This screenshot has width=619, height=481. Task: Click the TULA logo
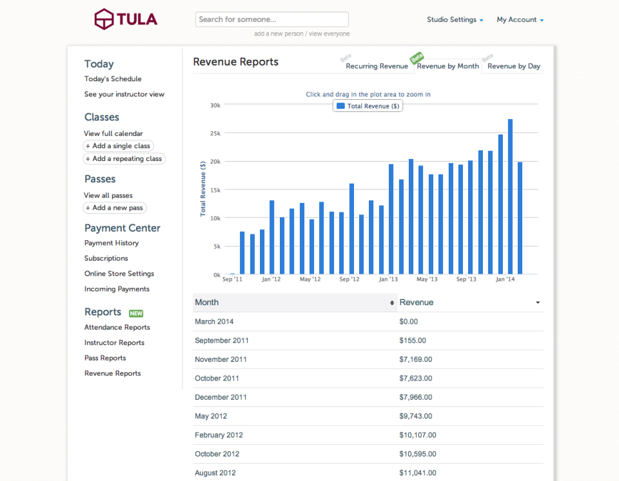click(126, 19)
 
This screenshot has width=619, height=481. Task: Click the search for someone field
click(271, 19)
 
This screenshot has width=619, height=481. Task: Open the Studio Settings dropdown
click(455, 20)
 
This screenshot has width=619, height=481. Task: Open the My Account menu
click(520, 20)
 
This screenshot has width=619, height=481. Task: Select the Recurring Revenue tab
click(377, 66)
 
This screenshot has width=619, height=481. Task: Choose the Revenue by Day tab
click(513, 66)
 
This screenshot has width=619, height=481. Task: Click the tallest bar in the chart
click(510, 196)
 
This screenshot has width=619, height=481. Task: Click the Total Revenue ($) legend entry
click(368, 106)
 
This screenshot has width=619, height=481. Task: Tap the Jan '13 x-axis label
click(388, 279)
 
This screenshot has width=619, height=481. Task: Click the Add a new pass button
click(115, 208)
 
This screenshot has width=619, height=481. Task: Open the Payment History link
click(112, 243)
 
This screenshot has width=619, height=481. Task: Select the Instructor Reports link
click(114, 343)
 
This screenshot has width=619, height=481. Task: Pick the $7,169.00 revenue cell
click(416, 359)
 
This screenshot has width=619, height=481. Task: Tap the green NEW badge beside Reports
click(136, 314)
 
